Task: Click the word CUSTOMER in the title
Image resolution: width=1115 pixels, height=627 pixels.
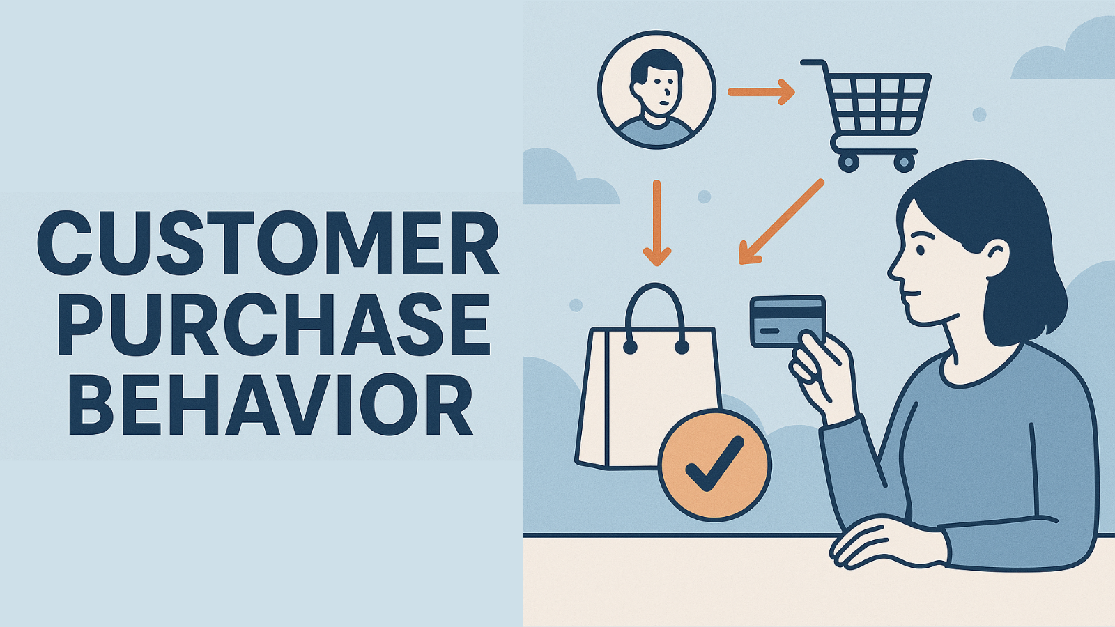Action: click(268, 244)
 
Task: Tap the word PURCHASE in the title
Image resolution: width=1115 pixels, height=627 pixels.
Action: click(273, 324)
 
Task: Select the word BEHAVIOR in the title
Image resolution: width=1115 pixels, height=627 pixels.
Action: click(272, 404)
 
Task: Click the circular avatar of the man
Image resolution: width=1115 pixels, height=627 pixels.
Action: click(656, 89)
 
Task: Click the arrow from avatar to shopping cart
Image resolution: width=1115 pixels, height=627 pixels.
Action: click(761, 91)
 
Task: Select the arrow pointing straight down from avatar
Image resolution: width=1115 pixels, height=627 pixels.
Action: click(656, 223)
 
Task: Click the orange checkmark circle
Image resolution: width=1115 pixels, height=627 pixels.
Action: click(714, 465)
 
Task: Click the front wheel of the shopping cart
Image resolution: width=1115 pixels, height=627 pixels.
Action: click(848, 163)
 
